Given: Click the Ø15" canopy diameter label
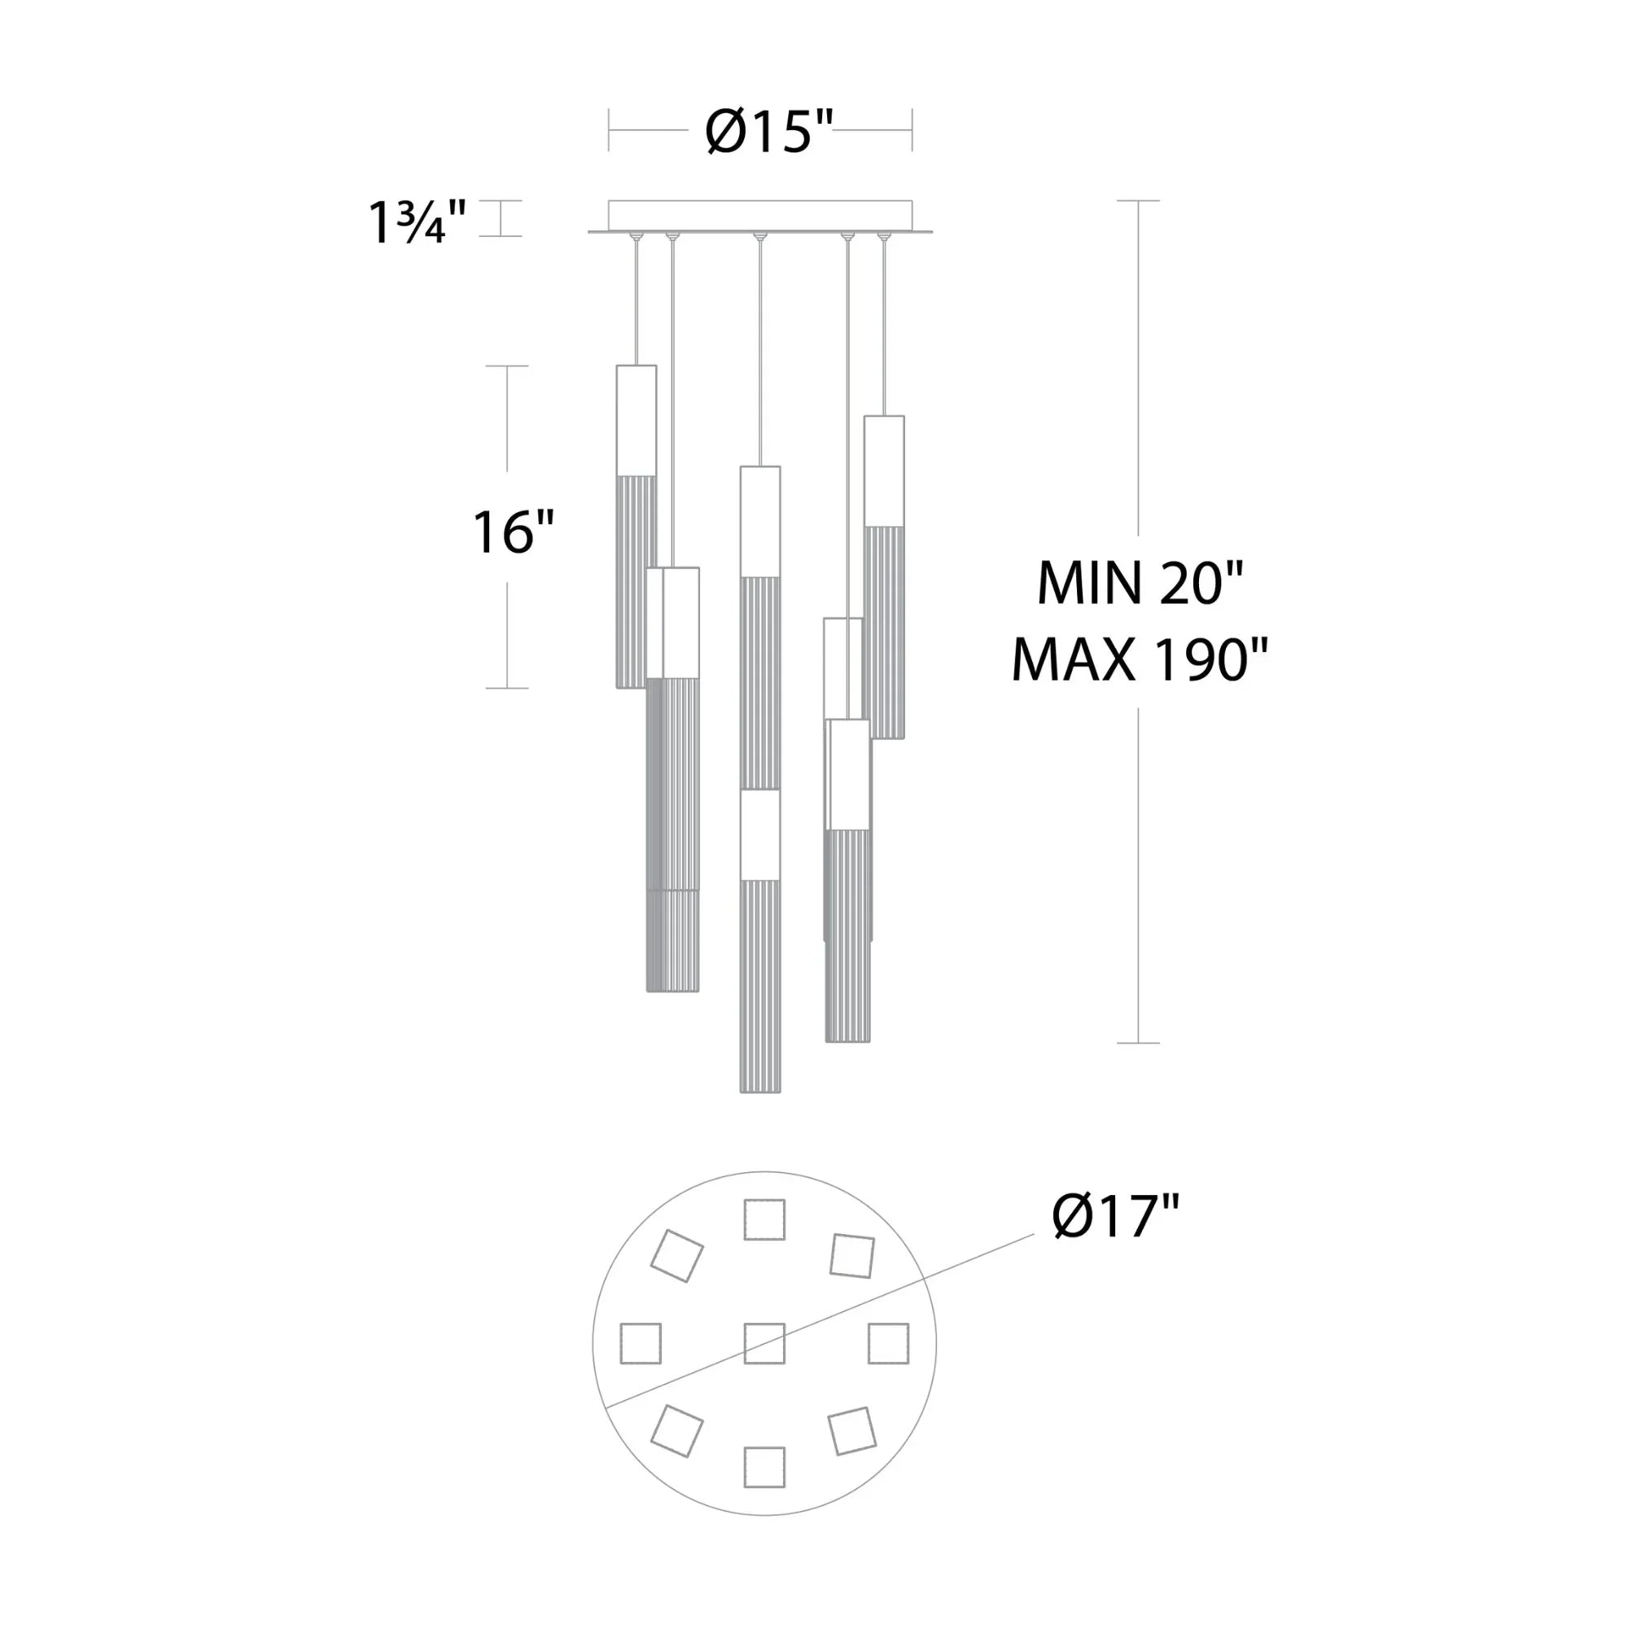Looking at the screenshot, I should tap(768, 131).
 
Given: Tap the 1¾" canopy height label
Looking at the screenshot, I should tap(416, 223).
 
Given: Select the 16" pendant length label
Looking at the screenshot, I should tap(512, 532).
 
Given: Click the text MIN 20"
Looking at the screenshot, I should tap(1140, 583).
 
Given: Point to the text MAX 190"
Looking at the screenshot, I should tap(1140, 660).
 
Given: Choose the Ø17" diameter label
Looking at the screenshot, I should tap(1115, 1216).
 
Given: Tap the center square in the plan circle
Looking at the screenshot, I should tap(764, 1343).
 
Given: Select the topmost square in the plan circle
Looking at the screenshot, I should tap(764, 1219).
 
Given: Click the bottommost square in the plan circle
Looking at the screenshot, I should tap(764, 1467).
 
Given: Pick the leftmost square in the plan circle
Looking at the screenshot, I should tap(641, 1343).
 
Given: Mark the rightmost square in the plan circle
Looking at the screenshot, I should tap(888, 1343).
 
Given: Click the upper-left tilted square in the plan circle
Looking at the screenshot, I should tap(676, 1255).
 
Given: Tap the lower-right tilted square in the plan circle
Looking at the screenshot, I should tap(852, 1431).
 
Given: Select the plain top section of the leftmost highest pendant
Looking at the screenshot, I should tap(637, 420).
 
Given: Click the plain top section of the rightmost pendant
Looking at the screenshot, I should tap(884, 470).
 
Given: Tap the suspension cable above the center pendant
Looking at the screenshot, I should tap(760, 354).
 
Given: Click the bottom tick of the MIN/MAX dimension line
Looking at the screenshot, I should tap(1139, 1044).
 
